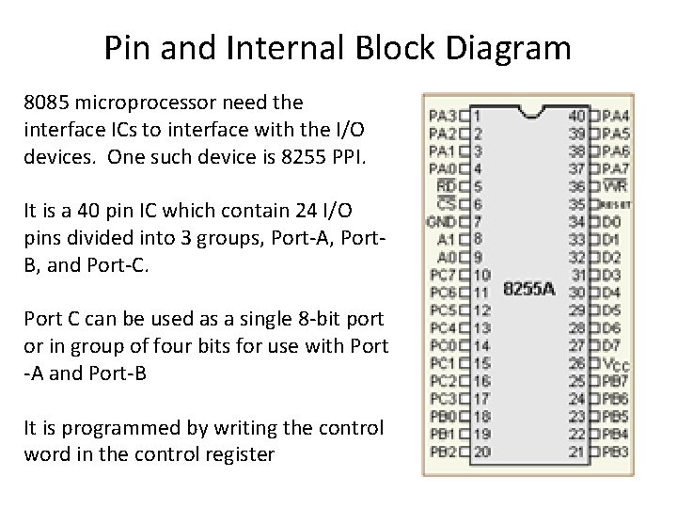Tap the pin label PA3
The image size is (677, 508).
click(441, 116)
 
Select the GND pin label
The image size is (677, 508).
click(440, 222)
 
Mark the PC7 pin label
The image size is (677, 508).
click(441, 275)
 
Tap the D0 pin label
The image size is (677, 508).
click(611, 222)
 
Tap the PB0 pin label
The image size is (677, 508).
click(441, 417)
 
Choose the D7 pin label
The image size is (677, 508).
click(611, 345)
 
